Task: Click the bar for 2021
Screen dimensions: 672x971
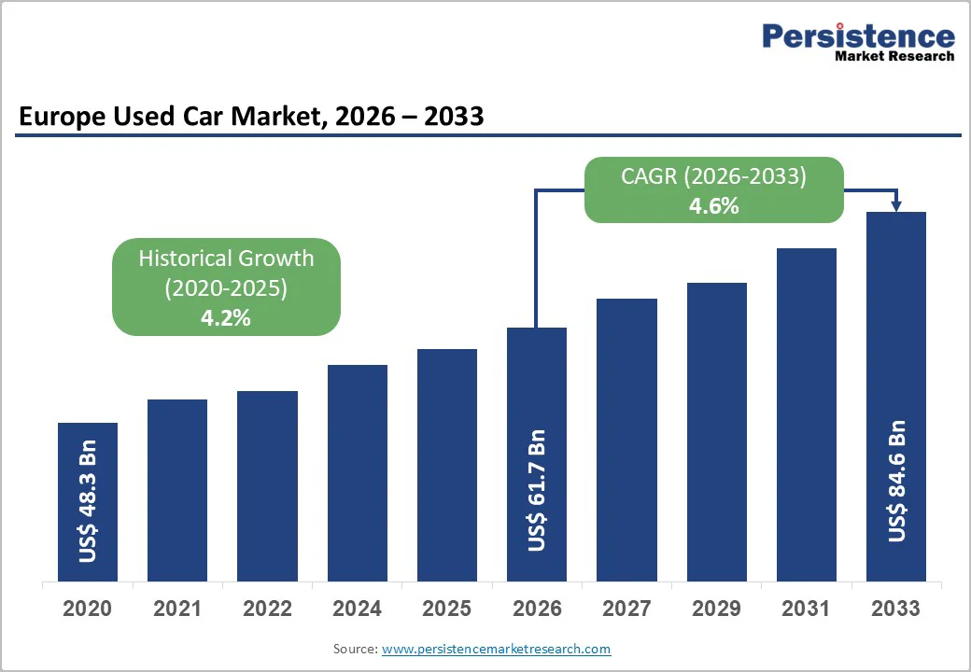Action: pos(177,490)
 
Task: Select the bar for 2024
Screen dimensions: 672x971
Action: pos(358,473)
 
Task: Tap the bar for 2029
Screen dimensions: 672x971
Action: pos(717,432)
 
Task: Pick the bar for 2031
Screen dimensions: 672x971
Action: pos(807,415)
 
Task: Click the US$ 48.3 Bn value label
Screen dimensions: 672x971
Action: pos(89,501)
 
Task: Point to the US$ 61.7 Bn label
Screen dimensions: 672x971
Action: pos(537,490)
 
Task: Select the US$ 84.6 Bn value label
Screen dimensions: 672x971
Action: pos(897,482)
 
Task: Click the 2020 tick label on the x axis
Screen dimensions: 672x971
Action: pos(88,609)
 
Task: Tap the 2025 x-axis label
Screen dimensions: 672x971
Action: pos(447,609)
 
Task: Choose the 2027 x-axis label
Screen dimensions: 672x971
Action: pos(626,609)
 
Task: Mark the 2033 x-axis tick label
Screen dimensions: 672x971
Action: pos(895,609)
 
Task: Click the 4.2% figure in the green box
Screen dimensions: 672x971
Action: pos(226,318)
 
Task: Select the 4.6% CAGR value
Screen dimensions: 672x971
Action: pos(714,206)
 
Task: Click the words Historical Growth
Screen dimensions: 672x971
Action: pos(226,259)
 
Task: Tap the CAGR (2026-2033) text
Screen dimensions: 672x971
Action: pos(714,176)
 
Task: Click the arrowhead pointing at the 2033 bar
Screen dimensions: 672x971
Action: pos(896,205)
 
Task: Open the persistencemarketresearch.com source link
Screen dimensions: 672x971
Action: pos(496,649)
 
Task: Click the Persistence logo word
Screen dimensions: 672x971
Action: pos(858,36)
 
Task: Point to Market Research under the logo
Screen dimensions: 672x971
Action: pos(894,56)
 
